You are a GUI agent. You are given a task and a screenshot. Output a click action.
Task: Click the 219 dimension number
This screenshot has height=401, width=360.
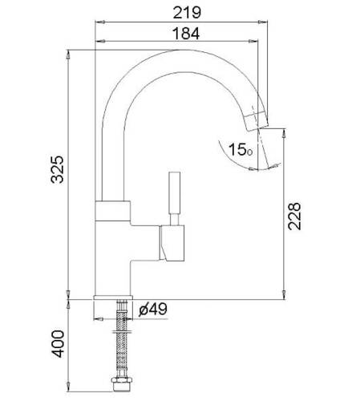pyautogui.click(x=187, y=13)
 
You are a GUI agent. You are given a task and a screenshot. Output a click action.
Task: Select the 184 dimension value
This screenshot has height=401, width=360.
pyautogui.click(x=186, y=34)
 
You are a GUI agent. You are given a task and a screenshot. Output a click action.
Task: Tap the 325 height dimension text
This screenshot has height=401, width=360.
pyautogui.click(x=58, y=169)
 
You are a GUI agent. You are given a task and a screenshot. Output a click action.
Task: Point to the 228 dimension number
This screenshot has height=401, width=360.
pyautogui.click(x=294, y=217)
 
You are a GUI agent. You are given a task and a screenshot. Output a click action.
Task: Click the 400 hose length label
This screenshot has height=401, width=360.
pyautogui.click(x=58, y=344)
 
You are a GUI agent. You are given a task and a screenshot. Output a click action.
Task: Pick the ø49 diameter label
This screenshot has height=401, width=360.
pyautogui.click(x=153, y=309)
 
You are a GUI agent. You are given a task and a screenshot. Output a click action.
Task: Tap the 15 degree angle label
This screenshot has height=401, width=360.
pyautogui.click(x=241, y=149)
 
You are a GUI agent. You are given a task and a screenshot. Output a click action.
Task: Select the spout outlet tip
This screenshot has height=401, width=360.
pyautogui.click(x=256, y=122)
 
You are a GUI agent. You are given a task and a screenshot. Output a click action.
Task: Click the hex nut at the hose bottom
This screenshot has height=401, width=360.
pyautogui.click(x=122, y=384)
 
